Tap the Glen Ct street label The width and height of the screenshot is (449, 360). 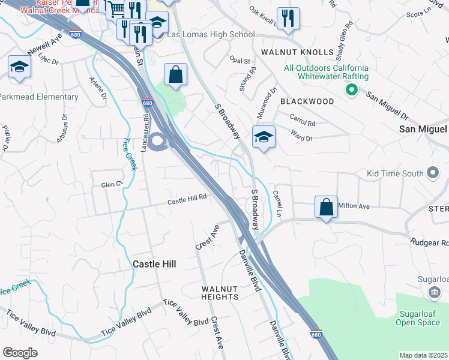pyautogui.click(x=112, y=185)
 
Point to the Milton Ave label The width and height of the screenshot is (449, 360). pyautogui.click(x=354, y=206)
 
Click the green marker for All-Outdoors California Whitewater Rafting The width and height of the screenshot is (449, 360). pyautogui.click(x=352, y=91)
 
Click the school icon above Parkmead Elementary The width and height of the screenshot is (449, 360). pyautogui.click(x=19, y=67)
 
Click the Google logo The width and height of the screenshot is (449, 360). pyautogui.click(x=20, y=353)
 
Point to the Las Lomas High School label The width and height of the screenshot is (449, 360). pyautogui.click(x=210, y=35)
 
